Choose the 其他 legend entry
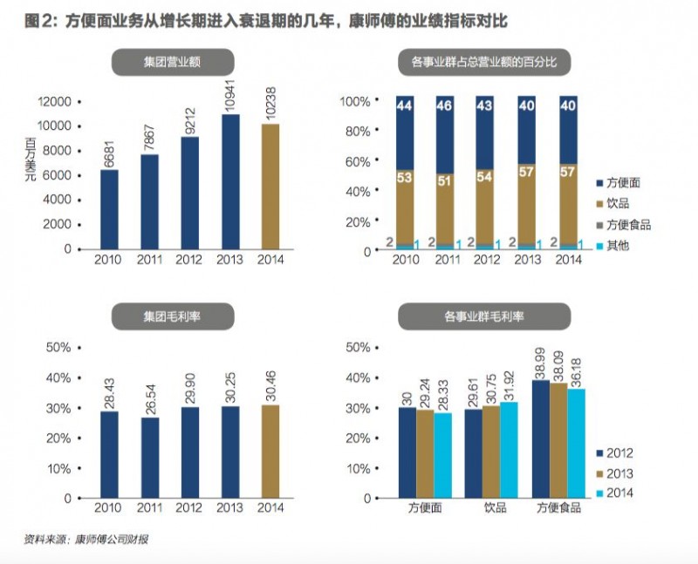click(621, 246)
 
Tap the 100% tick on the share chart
click(355, 102)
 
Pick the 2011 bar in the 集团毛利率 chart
click(149, 457)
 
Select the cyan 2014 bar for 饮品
click(510, 450)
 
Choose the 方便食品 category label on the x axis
click(557, 507)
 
